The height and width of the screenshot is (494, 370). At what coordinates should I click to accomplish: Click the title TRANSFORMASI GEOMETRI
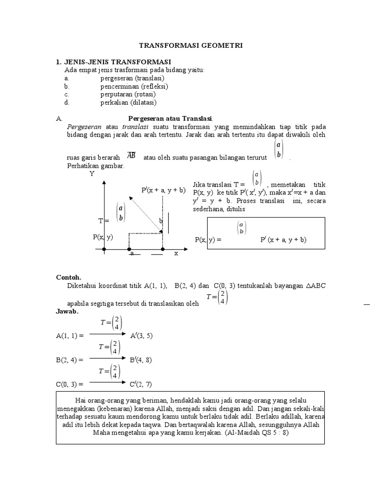coord(191,45)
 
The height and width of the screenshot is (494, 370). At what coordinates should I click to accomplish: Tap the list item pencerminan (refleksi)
coord(134,86)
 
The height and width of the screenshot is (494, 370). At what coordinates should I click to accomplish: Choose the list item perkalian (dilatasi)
coord(128,103)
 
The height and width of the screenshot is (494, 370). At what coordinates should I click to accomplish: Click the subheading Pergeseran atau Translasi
coord(171,119)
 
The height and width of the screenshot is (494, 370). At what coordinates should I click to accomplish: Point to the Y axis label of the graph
coord(92,174)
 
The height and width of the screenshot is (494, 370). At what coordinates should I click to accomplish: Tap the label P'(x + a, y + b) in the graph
coord(163,190)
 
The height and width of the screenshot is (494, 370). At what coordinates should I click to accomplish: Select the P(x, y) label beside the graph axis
coord(103,237)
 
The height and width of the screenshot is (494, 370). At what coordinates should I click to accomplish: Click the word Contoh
coord(69,277)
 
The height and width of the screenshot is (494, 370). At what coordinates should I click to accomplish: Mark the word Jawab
coord(67,312)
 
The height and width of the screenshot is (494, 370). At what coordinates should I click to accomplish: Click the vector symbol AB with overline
coord(131,155)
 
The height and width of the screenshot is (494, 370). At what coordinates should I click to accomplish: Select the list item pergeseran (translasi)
coord(132,78)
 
